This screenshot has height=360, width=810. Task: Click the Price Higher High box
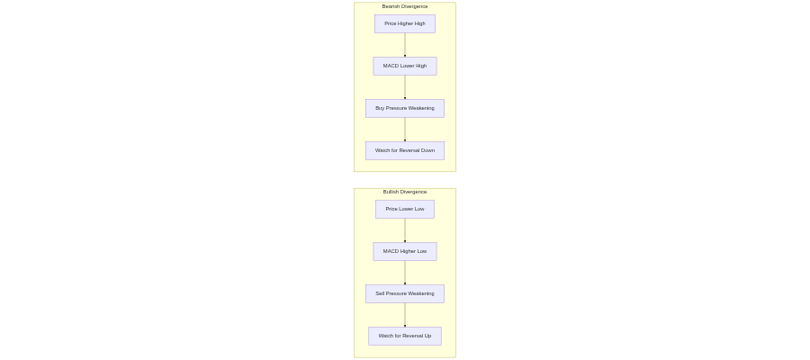click(405, 23)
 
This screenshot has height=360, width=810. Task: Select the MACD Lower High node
click(405, 66)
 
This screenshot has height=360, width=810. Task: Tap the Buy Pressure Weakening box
click(405, 109)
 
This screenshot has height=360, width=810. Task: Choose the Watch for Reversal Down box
click(405, 151)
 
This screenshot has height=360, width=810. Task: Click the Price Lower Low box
click(405, 209)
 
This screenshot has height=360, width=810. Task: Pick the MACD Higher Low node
click(405, 251)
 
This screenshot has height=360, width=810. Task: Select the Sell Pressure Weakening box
click(405, 294)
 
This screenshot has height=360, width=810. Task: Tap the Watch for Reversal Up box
click(405, 337)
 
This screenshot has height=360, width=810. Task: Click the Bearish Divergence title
click(405, 6)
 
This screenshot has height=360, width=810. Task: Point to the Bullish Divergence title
click(405, 192)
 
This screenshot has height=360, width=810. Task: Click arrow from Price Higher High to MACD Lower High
click(405, 45)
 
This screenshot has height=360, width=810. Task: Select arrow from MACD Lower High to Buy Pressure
click(405, 87)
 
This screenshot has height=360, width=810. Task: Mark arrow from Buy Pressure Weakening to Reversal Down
click(405, 130)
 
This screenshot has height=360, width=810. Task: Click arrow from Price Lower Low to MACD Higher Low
click(405, 230)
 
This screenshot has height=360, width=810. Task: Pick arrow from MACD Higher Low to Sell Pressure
click(405, 273)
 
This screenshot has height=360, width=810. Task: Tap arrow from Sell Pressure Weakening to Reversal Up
click(405, 315)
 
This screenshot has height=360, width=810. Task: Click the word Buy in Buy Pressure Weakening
click(380, 109)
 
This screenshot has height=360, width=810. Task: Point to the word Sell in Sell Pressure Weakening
click(380, 294)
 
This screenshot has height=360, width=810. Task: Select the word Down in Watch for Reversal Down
click(428, 151)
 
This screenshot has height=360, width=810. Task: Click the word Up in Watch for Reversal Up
click(427, 337)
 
